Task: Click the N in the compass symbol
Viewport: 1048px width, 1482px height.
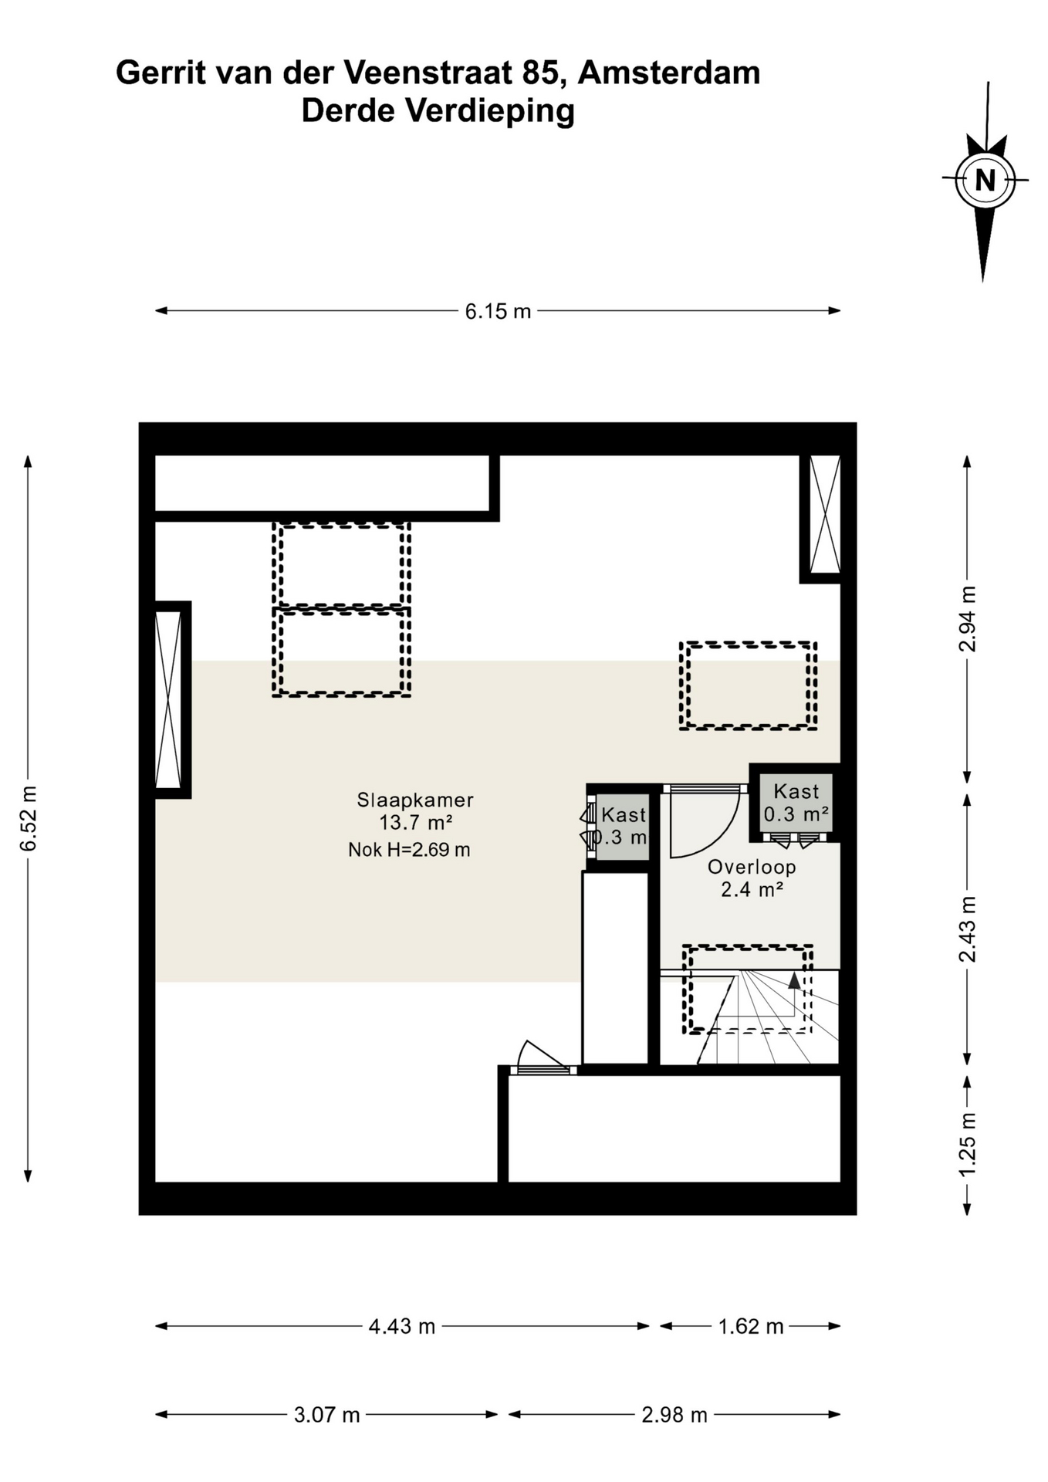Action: click(x=985, y=180)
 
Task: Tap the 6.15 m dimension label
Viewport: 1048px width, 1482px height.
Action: click(x=498, y=311)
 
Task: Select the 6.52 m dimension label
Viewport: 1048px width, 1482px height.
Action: click(x=29, y=818)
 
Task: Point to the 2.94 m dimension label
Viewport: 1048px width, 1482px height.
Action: click(x=967, y=618)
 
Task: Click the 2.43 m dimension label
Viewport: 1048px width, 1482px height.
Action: click(x=967, y=929)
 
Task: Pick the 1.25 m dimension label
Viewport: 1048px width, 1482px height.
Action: click(x=967, y=1143)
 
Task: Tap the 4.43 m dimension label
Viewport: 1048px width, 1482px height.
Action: click(x=402, y=1326)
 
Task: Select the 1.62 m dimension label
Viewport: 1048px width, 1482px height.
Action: click(x=751, y=1326)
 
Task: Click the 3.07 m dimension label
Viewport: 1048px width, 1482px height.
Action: click(x=327, y=1415)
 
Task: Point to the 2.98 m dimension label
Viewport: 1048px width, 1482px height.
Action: click(x=674, y=1415)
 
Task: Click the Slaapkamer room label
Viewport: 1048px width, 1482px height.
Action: click(x=415, y=800)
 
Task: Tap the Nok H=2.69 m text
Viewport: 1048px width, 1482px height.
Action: click(x=409, y=850)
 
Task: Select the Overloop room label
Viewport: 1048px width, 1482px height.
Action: click(x=752, y=867)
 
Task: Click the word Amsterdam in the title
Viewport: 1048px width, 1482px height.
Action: click(x=668, y=73)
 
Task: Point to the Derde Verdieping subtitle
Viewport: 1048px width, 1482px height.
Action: click(x=438, y=110)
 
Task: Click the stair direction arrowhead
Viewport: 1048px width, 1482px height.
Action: click(x=794, y=980)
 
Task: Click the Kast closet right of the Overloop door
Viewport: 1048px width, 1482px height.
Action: click(x=796, y=803)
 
